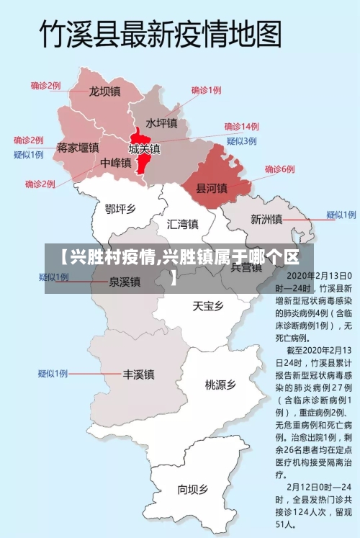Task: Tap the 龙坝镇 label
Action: point(104,91)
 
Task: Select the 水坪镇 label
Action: point(161,123)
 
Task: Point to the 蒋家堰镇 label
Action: point(78,148)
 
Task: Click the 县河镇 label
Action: point(212,189)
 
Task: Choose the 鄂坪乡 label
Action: point(120,209)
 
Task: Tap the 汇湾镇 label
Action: point(182,223)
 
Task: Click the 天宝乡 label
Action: point(208,305)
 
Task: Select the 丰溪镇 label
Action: point(138,375)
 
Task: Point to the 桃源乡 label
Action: point(220,385)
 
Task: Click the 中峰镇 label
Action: point(116,163)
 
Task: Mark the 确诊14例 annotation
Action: point(241,126)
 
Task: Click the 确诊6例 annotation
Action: point(279,169)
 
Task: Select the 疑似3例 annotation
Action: point(241,140)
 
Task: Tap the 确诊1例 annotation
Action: point(206,90)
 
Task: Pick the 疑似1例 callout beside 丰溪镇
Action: point(53,373)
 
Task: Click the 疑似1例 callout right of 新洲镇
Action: point(341,215)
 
